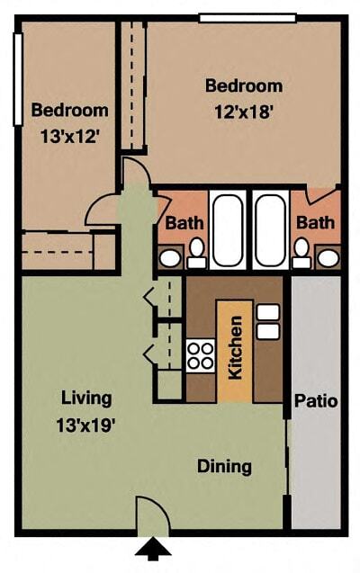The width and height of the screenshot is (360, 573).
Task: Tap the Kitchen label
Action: coord(235,347)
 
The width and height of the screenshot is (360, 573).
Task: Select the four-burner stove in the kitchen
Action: coord(201,355)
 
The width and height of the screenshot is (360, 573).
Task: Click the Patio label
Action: coord(316,401)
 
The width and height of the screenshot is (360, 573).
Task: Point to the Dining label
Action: coord(224,467)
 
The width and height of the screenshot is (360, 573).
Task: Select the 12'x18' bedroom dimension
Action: coord(244,112)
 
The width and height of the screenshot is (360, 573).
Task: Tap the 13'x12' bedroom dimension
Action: coord(70,137)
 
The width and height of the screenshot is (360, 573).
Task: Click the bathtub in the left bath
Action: coord(228,230)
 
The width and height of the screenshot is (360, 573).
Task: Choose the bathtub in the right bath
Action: coord(271,230)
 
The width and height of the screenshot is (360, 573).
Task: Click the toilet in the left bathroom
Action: coord(196,253)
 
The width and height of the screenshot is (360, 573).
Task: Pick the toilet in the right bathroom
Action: coord(301,253)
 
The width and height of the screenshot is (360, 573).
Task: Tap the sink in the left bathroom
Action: coord(170,258)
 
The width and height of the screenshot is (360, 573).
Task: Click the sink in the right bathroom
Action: coord(328,258)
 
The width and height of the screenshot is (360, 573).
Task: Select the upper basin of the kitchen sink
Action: coord(268,312)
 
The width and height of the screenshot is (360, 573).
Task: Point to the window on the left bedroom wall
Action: coord(18,79)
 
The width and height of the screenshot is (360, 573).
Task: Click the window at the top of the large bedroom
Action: coord(247,18)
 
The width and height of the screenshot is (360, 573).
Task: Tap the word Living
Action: coord(86,398)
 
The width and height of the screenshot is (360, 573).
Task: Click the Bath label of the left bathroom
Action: coord(184,223)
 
